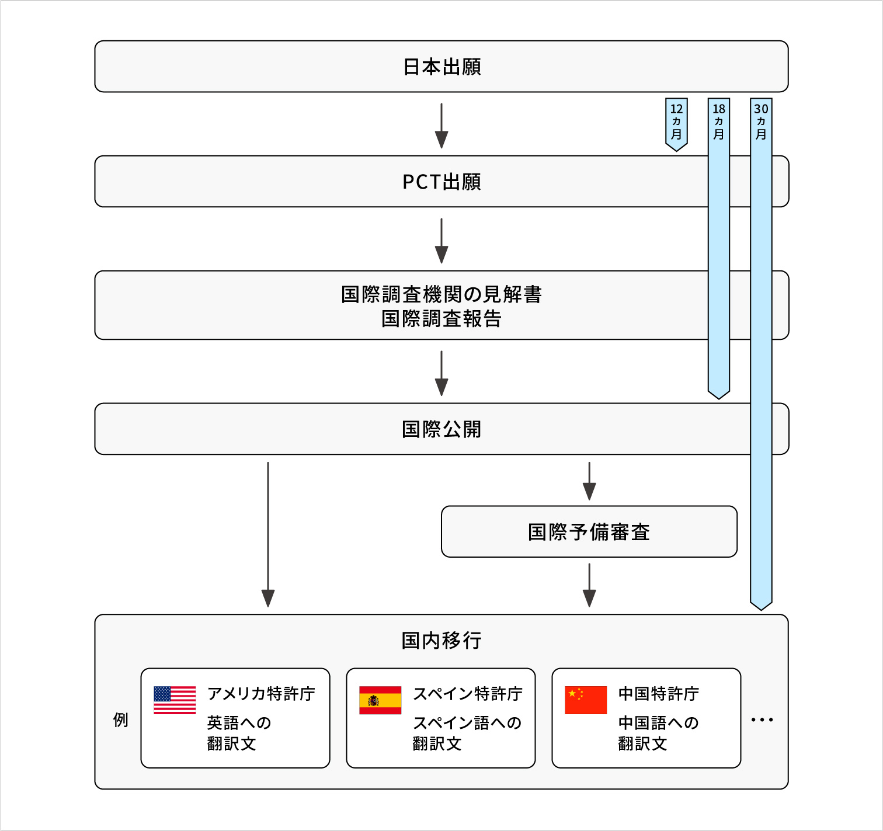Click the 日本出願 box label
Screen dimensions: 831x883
pos(441,67)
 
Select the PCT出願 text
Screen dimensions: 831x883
pos(441,182)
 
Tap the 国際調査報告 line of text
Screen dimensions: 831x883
pos(441,319)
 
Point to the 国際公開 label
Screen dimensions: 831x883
pos(441,429)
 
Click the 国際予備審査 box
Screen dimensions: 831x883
pos(589,532)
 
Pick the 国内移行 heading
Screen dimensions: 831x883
pos(441,641)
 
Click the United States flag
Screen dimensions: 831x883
pos(175,700)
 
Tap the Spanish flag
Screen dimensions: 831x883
pos(380,700)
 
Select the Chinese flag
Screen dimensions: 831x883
pos(586,700)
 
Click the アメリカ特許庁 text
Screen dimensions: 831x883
pos(261,694)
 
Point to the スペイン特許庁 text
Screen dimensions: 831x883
pos(468,694)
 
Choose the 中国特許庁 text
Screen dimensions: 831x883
pos(659,694)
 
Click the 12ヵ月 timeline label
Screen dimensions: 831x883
pos(676,121)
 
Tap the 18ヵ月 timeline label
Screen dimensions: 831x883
pos(719,121)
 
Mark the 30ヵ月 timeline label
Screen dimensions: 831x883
pos(761,121)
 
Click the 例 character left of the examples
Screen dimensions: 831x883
pos(120,719)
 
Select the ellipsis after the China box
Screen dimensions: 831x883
pos(762,720)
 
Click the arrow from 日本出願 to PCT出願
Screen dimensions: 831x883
pos(441,126)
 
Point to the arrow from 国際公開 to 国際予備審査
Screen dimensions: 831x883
pos(589,481)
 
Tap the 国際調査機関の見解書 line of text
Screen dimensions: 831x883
pos(441,294)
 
